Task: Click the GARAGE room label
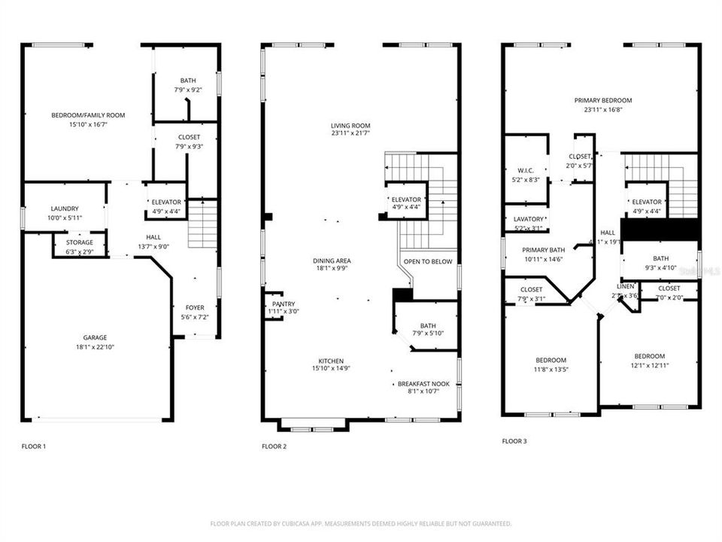[x=95, y=337]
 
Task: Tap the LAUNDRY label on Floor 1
[x=65, y=209]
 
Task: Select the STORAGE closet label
[x=79, y=242]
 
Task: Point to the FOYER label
[x=195, y=307]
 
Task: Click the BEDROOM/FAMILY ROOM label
[x=88, y=115]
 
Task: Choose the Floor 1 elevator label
[x=166, y=202]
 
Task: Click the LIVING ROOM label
[x=350, y=126]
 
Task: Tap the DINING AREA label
[x=332, y=260]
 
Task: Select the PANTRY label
[x=284, y=303]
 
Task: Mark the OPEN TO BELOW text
[x=428, y=262]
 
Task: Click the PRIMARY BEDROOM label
[x=603, y=100]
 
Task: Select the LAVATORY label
[x=528, y=219]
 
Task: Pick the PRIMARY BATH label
[x=545, y=250]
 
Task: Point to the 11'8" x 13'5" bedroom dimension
[x=551, y=370]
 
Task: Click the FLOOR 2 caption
[x=275, y=446]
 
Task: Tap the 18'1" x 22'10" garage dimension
[x=95, y=346]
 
